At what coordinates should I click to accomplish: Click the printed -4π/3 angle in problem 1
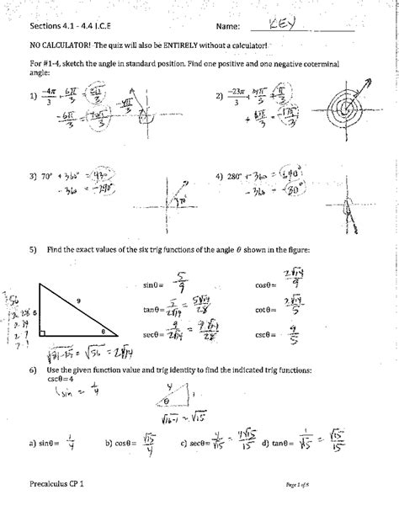coord(45,97)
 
